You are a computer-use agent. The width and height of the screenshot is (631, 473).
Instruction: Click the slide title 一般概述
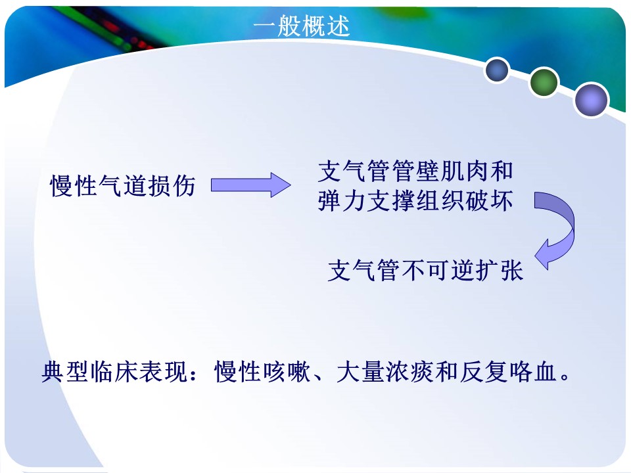coord(302,26)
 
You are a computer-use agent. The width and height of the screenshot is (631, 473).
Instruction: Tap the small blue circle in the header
coord(497,70)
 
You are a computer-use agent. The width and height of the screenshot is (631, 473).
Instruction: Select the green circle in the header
coord(544,82)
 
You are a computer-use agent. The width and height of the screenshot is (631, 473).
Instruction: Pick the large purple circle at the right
coord(591,100)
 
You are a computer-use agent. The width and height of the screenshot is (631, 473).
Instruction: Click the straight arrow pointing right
coord(250,185)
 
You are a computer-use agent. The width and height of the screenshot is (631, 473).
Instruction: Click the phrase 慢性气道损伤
coord(123,186)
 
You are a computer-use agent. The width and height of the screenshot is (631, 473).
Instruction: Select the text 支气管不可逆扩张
coord(425,270)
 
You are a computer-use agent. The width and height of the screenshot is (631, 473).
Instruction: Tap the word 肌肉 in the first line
coord(465,171)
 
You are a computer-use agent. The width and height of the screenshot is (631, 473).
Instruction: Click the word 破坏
coord(489,201)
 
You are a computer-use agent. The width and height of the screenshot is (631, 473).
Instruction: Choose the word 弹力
coord(342,201)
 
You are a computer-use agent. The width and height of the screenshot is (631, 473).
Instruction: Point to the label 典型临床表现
coord(114,371)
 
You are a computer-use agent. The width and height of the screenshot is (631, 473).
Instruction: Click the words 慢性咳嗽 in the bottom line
coord(262,371)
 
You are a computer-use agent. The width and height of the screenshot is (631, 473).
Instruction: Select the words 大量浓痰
coord(385,371)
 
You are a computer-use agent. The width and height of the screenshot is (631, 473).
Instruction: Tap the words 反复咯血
coord(508,371)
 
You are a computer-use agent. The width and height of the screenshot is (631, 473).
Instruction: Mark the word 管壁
coord(416,171)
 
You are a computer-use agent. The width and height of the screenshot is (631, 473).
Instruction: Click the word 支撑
coord(391,201)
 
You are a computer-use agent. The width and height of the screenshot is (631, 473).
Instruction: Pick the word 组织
coord(440,201)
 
